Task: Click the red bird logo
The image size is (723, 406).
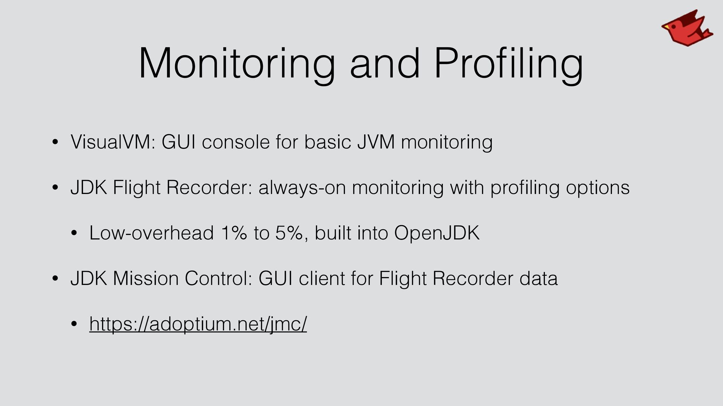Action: pyautogui.click(x=687, y=29)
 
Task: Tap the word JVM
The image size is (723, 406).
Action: pyautogui.click(x=376, y=142)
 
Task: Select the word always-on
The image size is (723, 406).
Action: pyautogui.click(x=302, y=188)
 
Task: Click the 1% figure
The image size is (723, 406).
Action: pyautogui.click(x=234, y=233)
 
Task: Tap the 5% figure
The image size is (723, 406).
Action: pyautogui.click(x=289, y=233)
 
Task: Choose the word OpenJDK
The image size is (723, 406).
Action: pyautogui.click(x=437, y=233)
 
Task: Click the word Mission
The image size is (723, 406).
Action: pyautogui.click(x=146, y=279)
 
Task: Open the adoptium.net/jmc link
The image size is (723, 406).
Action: pyautogui.click(x=198, y=324)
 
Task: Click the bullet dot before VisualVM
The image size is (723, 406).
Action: pyautogui.click(x=55, y=142)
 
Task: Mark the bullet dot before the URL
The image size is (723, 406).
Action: pyautogui.click(x=74, y=324)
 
